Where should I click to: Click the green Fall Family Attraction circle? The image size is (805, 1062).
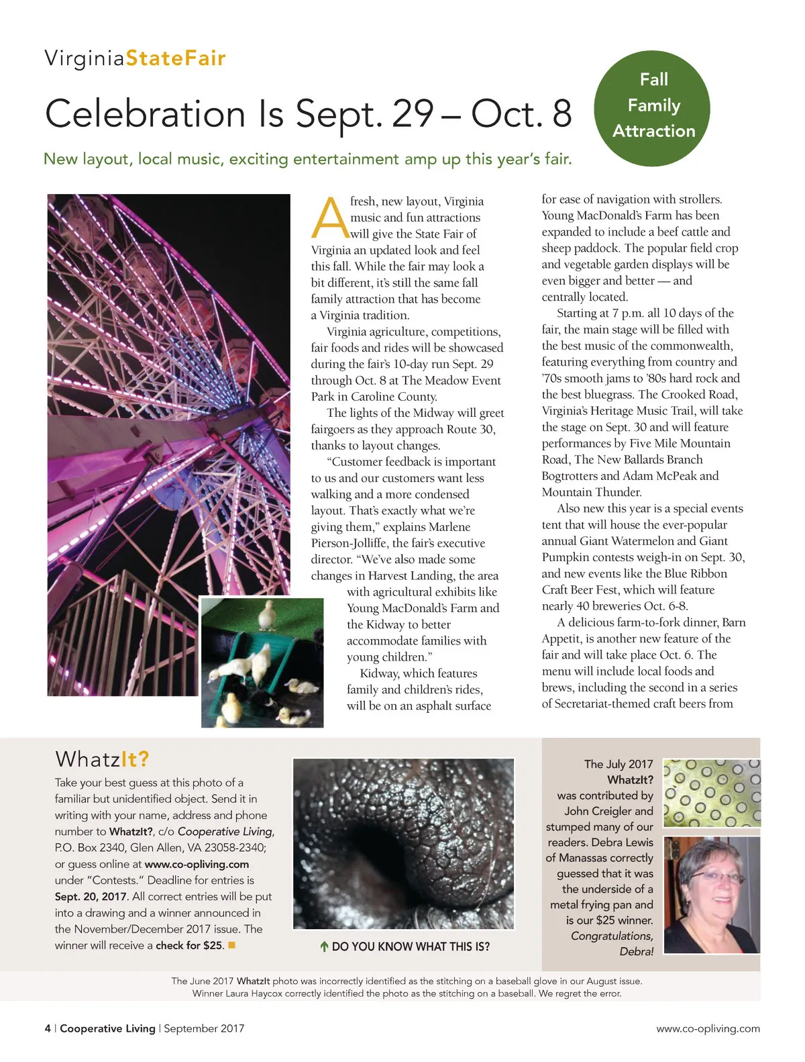651,106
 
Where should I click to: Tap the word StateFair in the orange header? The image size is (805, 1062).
176,58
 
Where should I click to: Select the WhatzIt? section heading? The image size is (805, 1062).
102,759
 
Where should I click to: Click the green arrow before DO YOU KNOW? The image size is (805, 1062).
324,947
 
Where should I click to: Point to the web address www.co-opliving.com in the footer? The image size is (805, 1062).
708,1028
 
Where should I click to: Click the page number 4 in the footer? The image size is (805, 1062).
48,1028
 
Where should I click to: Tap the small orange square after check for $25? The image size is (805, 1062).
232,945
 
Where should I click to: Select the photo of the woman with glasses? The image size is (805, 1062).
712,895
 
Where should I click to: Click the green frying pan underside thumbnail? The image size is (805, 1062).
712,792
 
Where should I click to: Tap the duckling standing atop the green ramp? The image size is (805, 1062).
268,614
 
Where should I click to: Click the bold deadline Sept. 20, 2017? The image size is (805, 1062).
91,896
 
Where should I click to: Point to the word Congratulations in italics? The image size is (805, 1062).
612,936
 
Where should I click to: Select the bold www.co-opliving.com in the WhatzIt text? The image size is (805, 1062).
197,864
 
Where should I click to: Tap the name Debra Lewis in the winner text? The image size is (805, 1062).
621,842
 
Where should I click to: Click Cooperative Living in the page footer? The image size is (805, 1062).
107,1028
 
